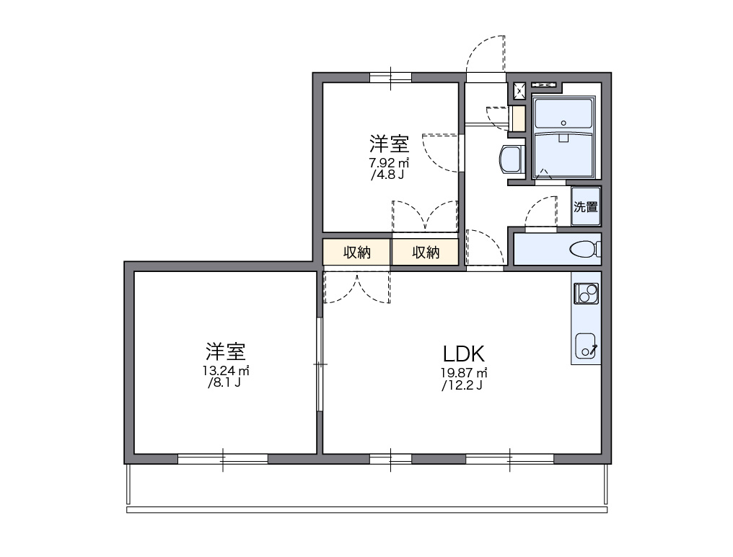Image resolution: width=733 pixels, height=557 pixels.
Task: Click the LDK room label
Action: tap(462, 354)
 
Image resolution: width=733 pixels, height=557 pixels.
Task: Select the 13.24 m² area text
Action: tap(225, 371)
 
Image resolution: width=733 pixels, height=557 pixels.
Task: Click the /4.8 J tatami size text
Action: tap(387, 174)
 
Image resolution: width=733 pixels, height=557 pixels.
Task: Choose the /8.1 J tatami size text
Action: tap(224, 383)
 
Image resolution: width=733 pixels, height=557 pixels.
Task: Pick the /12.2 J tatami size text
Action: tap(462, 385)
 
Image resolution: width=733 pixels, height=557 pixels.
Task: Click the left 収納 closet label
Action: tap(356, 253)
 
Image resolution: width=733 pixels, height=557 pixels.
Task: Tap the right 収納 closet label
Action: tap(426, 253)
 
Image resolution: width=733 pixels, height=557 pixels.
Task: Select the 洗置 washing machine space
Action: tap(586, 207)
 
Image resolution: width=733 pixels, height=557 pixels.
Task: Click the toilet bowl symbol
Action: tap(584, 250)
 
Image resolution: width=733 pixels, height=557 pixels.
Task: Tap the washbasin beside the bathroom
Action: tap(512, 159)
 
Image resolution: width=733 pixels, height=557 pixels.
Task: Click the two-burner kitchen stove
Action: tap(586, 293)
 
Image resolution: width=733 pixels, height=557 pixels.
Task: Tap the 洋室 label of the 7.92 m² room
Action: tap(390, 142)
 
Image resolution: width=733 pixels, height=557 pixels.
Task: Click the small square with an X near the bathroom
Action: tap(519, 90)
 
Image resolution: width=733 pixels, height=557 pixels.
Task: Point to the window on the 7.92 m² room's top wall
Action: tap(390, 77)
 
